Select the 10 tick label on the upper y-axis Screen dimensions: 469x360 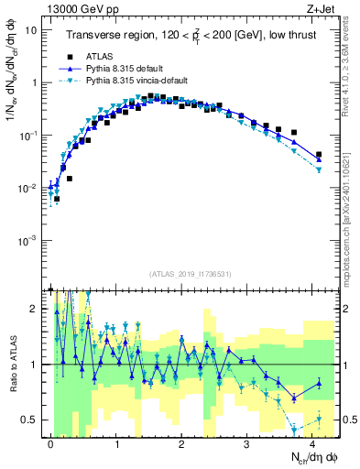click(29, 29)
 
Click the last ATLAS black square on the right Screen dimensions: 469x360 click(319, 155)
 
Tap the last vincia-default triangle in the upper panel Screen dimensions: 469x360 click(319, 170)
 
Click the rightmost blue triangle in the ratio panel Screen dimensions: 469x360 click(319, 383)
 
